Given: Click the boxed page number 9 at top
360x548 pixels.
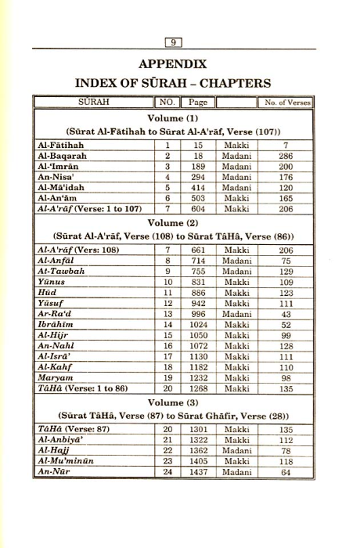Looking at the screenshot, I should click(x=175, y=43).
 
